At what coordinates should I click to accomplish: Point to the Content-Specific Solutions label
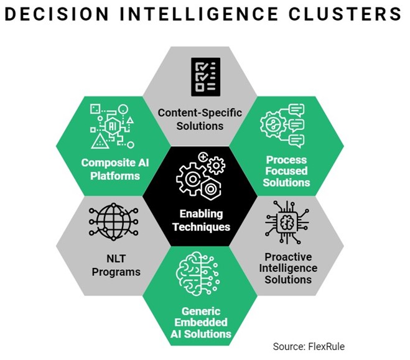pyautogui.click(x=199, y=119)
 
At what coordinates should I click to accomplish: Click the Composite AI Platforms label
pyautogui.click(x=110, y=169)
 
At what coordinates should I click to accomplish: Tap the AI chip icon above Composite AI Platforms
pyautogui.click(x=110, y=126)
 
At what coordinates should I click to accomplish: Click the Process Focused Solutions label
pyautogui.click(x=286, y=172)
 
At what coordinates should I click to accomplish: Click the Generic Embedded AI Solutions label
pyautogui.click(x=200, y=322)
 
